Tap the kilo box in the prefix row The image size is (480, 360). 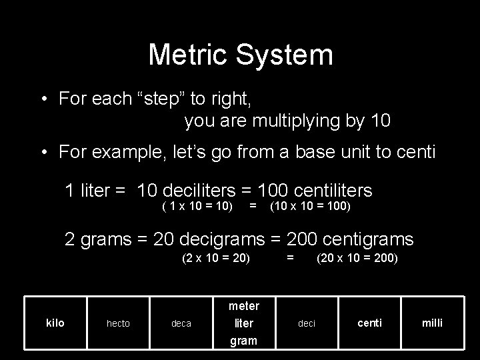tap(55, 323)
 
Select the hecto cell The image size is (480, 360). tap(118, 323)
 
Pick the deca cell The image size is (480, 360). tap(181, 323)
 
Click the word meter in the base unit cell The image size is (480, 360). tap(243, 306)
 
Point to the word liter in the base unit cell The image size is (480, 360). tap(243, 323)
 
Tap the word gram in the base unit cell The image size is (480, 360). tap(243, 340)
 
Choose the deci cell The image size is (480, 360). tap(307, 323)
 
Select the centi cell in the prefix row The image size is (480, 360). tap(370, 323)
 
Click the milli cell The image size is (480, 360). tap(432, 323)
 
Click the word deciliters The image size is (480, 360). tap(199, 191)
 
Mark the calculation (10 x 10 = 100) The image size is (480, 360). tap(309, 207)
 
